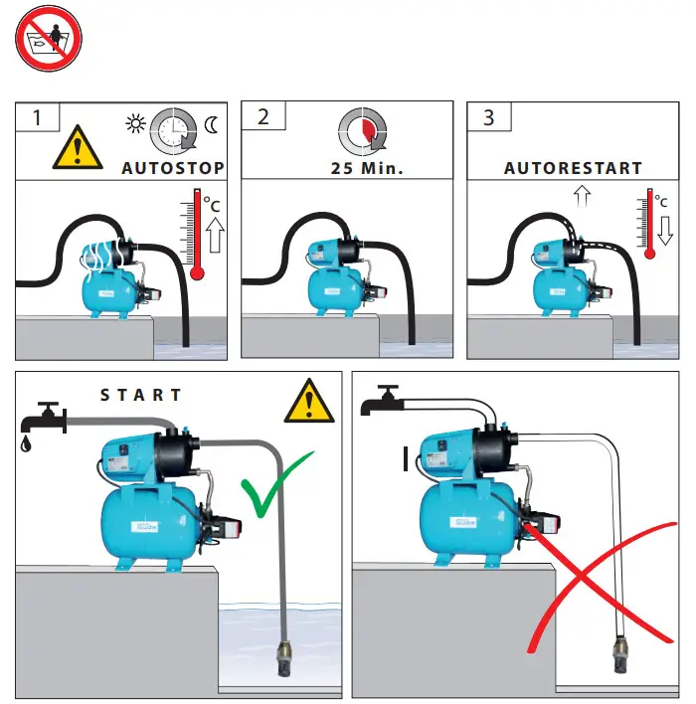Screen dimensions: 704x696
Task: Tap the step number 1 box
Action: pos(38,117)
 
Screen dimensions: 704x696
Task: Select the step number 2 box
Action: pos(263,117)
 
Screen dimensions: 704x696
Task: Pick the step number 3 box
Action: pos(488,117)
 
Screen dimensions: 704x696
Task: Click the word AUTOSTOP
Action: pos(173,168)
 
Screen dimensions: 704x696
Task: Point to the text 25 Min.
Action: pos(368,168)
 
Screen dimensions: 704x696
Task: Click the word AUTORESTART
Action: pos(573,168)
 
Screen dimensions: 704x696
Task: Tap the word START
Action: pos(141,395)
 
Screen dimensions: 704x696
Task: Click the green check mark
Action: pos(274,488)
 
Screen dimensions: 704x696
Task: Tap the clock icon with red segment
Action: pos(359,128)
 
